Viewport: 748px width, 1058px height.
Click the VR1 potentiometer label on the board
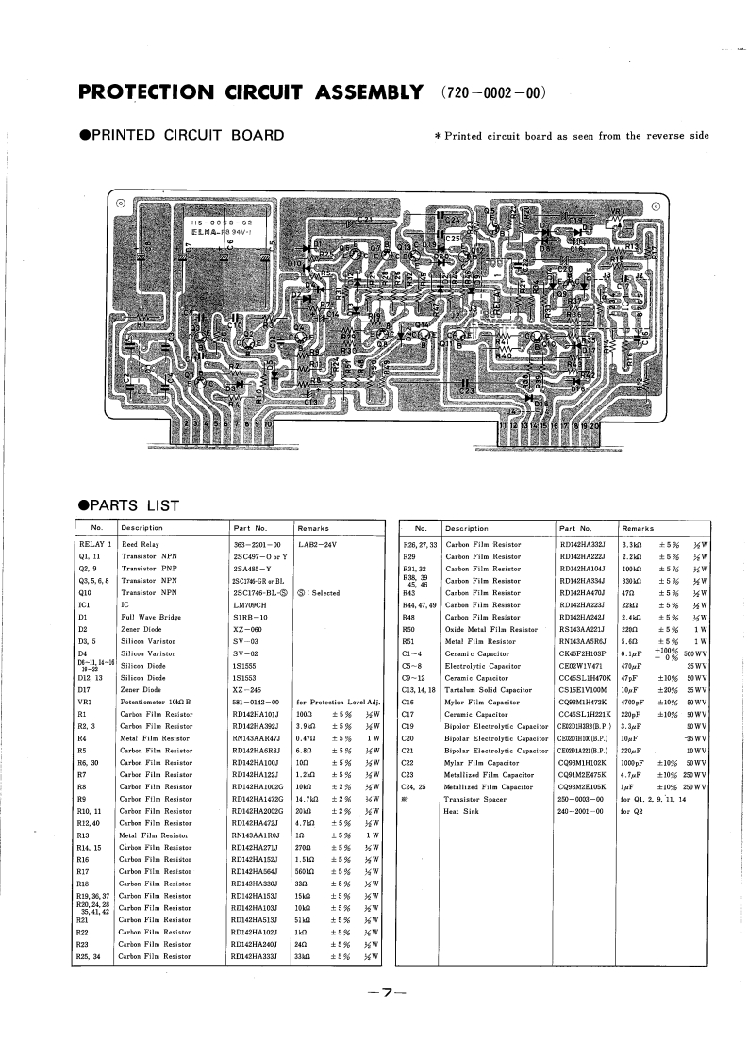click(619, 211)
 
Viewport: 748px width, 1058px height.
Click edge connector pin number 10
click(268, 426)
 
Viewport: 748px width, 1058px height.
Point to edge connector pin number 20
click(594, 426)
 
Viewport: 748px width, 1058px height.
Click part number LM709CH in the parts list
click(249, 605)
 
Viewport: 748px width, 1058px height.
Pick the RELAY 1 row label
click(94, 545)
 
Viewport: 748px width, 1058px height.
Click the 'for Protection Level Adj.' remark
click(338, 703)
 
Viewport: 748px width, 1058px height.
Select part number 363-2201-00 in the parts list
click(257, 545)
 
